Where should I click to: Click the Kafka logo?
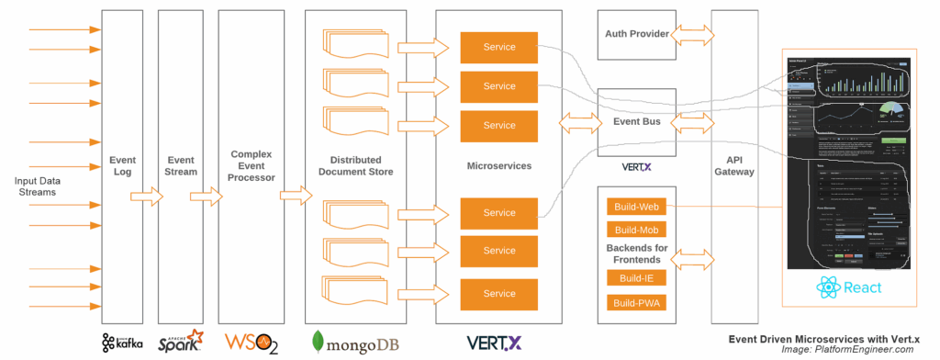click(122, 343)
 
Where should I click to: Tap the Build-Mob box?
click(636, 230)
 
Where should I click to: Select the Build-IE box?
click(636, 278)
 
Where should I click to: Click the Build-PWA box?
click(636, 303)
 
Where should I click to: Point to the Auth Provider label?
click(635, 34)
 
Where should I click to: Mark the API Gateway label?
click(733, 165)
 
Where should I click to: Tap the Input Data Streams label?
click(36, 186)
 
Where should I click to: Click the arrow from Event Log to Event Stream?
click(145, 196)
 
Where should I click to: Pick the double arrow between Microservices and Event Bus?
click(576, 120)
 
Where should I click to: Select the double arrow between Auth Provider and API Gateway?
click(693, 35)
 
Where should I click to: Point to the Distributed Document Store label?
click(354, 165)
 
